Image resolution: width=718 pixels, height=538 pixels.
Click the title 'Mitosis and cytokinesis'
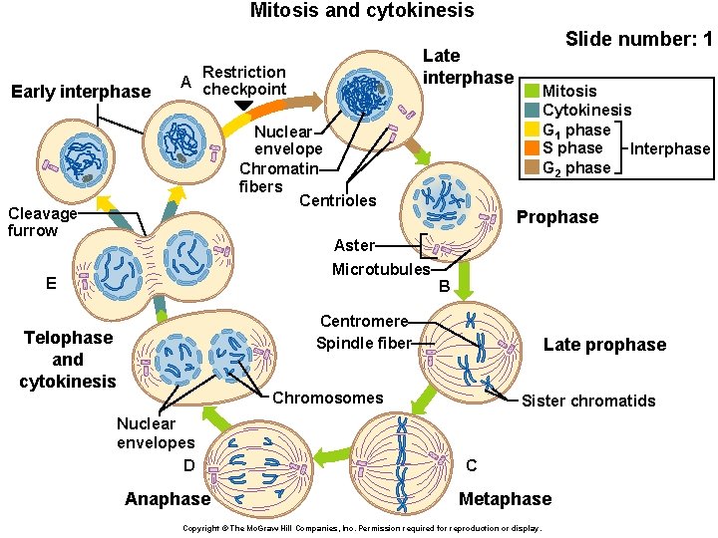point(361,11)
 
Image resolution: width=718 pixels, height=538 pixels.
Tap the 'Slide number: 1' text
point(638,41)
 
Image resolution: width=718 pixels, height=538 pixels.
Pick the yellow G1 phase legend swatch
point(532,130)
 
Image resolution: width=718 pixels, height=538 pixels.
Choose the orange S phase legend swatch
point(532,148)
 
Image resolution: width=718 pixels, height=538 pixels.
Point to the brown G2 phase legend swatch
point(532,167)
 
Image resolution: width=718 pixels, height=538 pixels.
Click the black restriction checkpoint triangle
point(243,105)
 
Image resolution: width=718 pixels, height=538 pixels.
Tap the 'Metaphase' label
point(505,499)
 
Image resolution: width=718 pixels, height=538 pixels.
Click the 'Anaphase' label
point(168,499)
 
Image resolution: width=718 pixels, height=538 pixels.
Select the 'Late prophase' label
point(604,345)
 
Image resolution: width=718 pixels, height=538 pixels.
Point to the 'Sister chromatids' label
point(588,401)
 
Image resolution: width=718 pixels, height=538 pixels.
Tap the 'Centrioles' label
point(338,200)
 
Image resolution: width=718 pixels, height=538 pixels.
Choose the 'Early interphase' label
point(80,93)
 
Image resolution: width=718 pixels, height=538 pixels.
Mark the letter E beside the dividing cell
point(50,283)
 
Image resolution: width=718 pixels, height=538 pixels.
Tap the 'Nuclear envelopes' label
point(156,432)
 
